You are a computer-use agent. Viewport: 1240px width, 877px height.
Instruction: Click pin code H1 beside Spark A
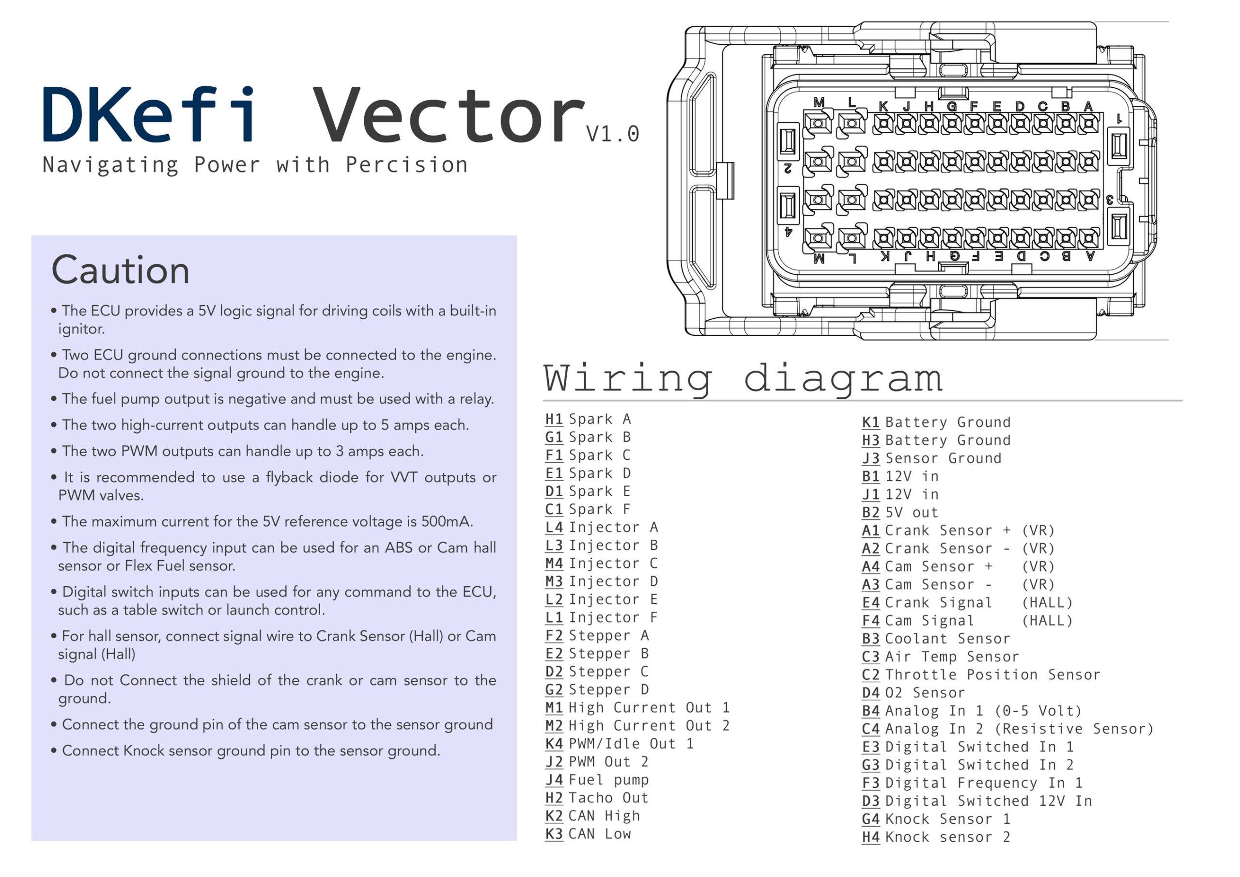(x=554, y=419)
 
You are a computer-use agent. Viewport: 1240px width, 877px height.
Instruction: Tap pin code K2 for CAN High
(x=554, y=816)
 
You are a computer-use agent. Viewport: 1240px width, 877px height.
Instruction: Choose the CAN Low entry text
(x=600, y=834)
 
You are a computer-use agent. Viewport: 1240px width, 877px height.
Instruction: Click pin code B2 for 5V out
(x=870, y=513)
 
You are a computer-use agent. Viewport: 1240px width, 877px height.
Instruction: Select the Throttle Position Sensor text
(x=992, y=675)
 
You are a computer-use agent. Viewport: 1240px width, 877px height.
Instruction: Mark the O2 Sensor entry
(x=925, y=693)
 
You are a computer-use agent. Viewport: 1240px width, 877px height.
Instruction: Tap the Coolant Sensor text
(x=947, y=639)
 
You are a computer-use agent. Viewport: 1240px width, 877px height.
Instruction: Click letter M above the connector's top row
(x=819, y=102)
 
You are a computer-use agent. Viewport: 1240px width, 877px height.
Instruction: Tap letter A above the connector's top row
(x=1088, y=106)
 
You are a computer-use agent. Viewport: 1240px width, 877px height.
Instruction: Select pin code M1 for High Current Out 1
(x=554, y=708)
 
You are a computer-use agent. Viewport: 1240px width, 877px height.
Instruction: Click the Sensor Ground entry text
(x=943, y=459)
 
